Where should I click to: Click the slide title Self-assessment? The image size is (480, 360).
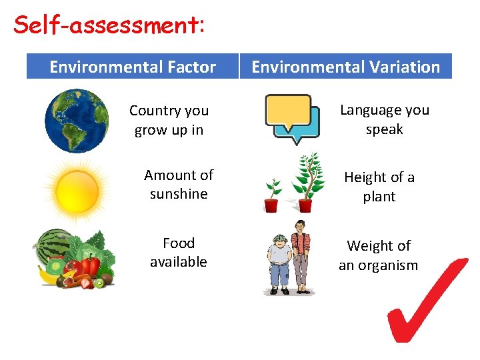pyautogui.click(x=109, y=25)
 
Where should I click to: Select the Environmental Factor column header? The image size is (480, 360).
pyautogui.click(x=133, y=67)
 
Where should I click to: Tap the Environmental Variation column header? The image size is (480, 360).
pyautogui.click(x=345, y=67)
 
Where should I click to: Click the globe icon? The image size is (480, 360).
pyautogui.click(x=77, y=121)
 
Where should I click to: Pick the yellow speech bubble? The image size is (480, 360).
pyautogui.click(x=288, y=111)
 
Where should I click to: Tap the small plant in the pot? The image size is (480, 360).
pyautogui.click(x=272, y=196)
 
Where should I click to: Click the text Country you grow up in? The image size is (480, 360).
pyautogui.click(x=169, y=120)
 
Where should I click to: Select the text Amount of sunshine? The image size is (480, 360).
pyautogui.click(x=179, y=184)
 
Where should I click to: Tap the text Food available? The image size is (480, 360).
pyautogui.click(x=179, y=252)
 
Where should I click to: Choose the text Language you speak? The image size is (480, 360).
pyautogui.click(x=385, y=119)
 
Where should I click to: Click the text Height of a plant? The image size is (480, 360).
pyautogui.click(x=379, y=187)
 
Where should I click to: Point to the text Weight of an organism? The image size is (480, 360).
pyautogui.click(x=379, y=255)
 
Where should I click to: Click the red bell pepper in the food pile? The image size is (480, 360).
pyautogui.click(x=90, y=266)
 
